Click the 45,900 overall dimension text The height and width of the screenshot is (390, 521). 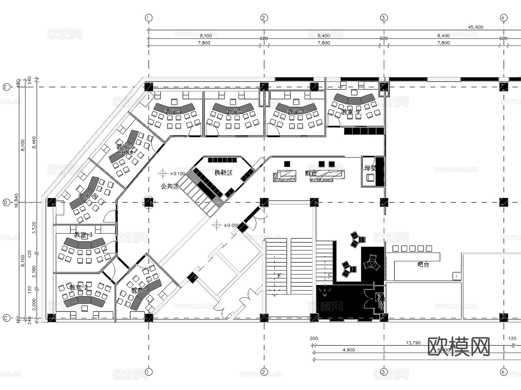click(x=476, y=27)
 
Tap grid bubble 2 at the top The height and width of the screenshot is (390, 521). click(x=263, y=18)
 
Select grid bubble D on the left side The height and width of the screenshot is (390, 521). click(x=6, y=203)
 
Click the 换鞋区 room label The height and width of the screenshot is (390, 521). click(x=223, y=173)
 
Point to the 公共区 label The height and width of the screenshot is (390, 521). click(x=170, y=186)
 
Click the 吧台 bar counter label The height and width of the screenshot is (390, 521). click(x=423, y=264)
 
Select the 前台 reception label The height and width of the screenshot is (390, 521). click(x=311, y=173)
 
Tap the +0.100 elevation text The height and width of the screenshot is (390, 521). click(x=177, y=174)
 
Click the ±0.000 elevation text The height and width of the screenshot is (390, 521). click(x=232, y=225)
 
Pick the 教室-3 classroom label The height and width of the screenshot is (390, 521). click(x=83, y=235)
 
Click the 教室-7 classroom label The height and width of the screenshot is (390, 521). click(x=235, y=111)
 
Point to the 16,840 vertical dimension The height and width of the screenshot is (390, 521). click(x=16, y=200)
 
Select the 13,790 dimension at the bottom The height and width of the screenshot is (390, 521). click(x=413, y=343)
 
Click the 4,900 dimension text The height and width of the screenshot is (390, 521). click(x=349, y=350)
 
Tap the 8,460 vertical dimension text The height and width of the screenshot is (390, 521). click(x=34, y=142)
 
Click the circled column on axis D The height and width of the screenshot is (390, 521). click(x=149, y=202)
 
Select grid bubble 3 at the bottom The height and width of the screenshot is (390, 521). click(x=384, y=371)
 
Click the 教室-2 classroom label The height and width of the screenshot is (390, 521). click(x=78, y=287)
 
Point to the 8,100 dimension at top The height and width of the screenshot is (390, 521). click(x=206, y=36)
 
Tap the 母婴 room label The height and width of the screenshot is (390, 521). click(x=370, y=168)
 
